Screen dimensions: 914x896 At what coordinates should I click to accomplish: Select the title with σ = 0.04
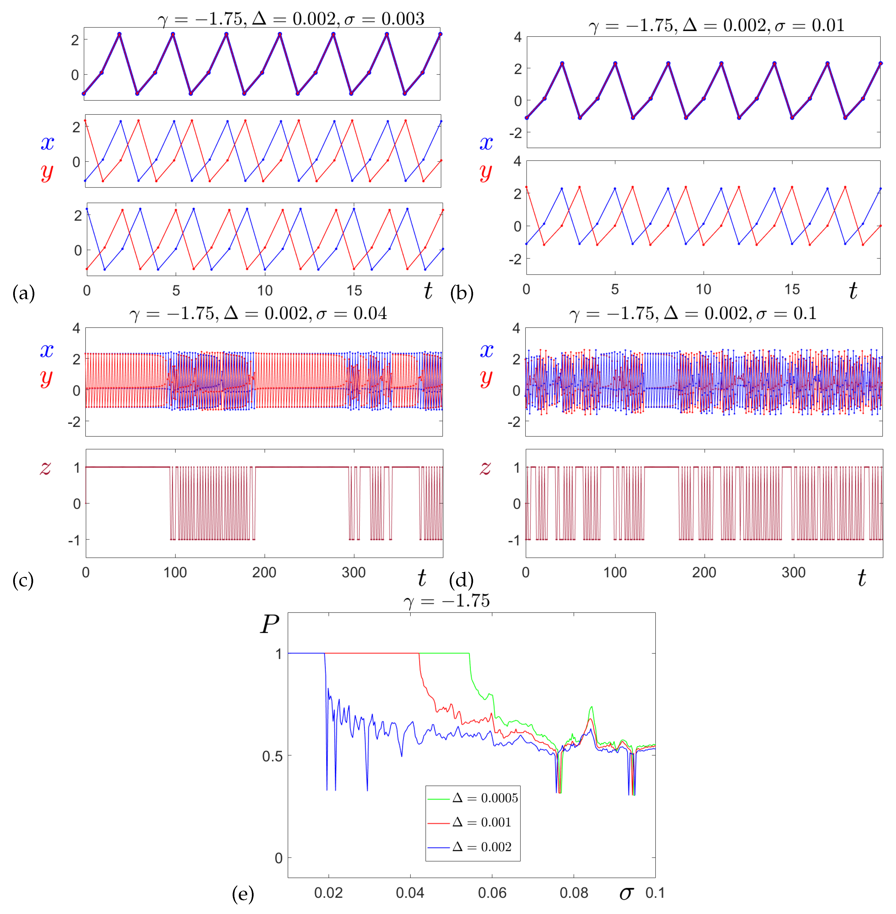pos(258,313)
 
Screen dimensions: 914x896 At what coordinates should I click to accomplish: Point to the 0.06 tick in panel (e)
pos(492,893)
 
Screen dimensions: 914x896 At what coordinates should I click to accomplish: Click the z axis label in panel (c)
pos(46,467)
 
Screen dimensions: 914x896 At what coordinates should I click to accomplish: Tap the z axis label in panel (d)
pos(485,467)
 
